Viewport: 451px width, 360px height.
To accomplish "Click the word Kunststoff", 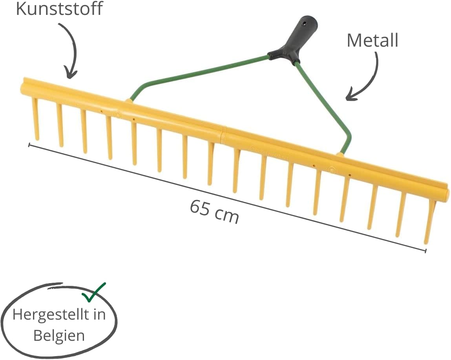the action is [59, 8].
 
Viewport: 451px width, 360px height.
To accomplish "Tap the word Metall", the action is [372, 40].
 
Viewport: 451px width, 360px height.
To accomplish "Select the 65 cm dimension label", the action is [214, 211].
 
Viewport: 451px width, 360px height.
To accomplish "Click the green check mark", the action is [94, 292].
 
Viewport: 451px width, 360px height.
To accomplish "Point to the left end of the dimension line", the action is [29, 145].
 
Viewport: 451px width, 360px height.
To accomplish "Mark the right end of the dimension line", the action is [425, 251].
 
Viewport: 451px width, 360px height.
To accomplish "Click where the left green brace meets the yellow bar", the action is [129, 100].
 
